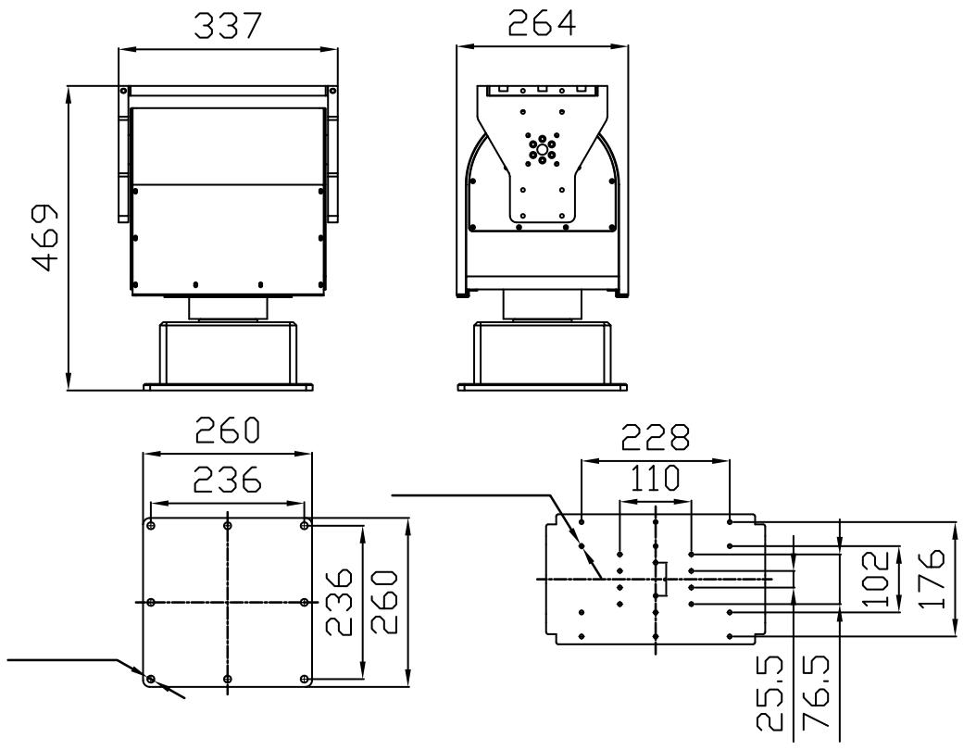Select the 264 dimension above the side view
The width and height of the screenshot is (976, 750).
click(543, 23)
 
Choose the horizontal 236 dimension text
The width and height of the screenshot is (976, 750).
click(228, 481)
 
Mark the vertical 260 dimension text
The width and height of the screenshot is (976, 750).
click(384, 603)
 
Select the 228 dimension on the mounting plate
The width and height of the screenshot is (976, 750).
click(656, 437)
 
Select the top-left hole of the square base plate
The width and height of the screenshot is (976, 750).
click(151, 525)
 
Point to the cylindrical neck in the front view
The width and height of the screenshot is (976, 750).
click(228, 307)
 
